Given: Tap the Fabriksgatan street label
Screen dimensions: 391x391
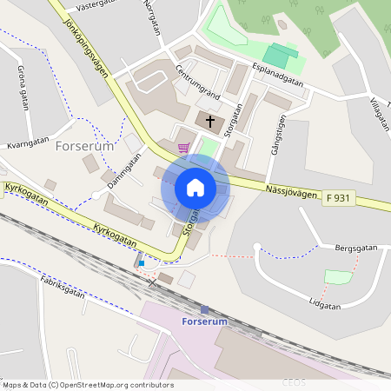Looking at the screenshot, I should (x=63, y=287).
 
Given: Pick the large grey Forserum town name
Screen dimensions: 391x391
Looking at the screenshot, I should (x=84, y=147).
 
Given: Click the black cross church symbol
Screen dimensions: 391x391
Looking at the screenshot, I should (x=210, y=119).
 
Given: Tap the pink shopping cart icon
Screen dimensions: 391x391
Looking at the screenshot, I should (x=183, y=149).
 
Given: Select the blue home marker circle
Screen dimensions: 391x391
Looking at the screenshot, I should (x=195, y=187).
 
